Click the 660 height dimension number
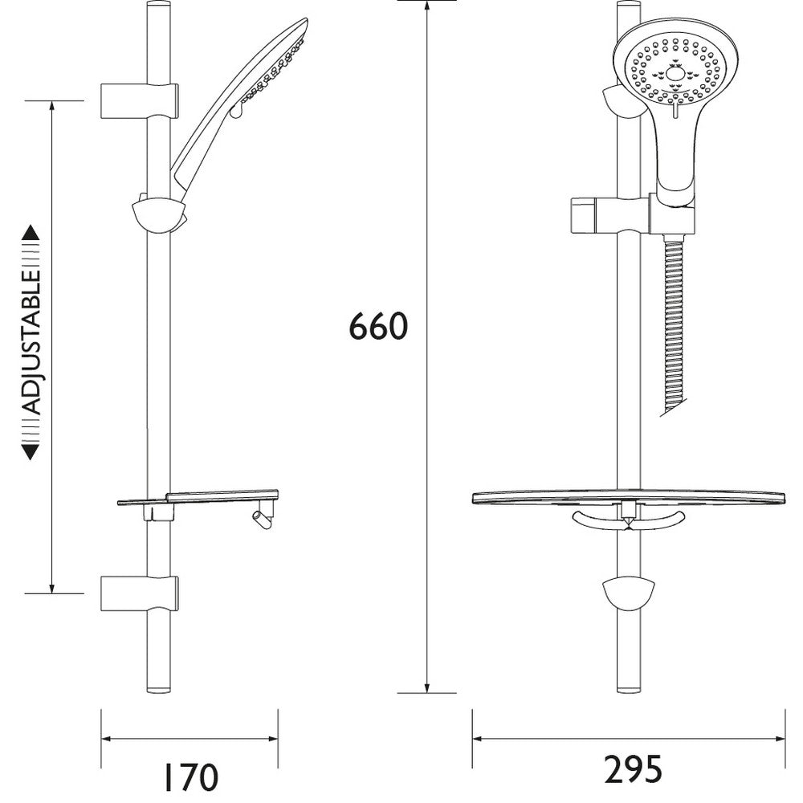pyautogui.click(x=378, y=326)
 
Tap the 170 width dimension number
pyautogui.click(x=190, y=777)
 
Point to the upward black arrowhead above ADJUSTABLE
pyautogui.click(x=31, y=232)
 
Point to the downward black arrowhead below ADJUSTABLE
pyautogui.click(x=31, y=452)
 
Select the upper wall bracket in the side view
pyautogui.click(x=139, y=100)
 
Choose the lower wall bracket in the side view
pyautogui.click(x=139, y=594)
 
